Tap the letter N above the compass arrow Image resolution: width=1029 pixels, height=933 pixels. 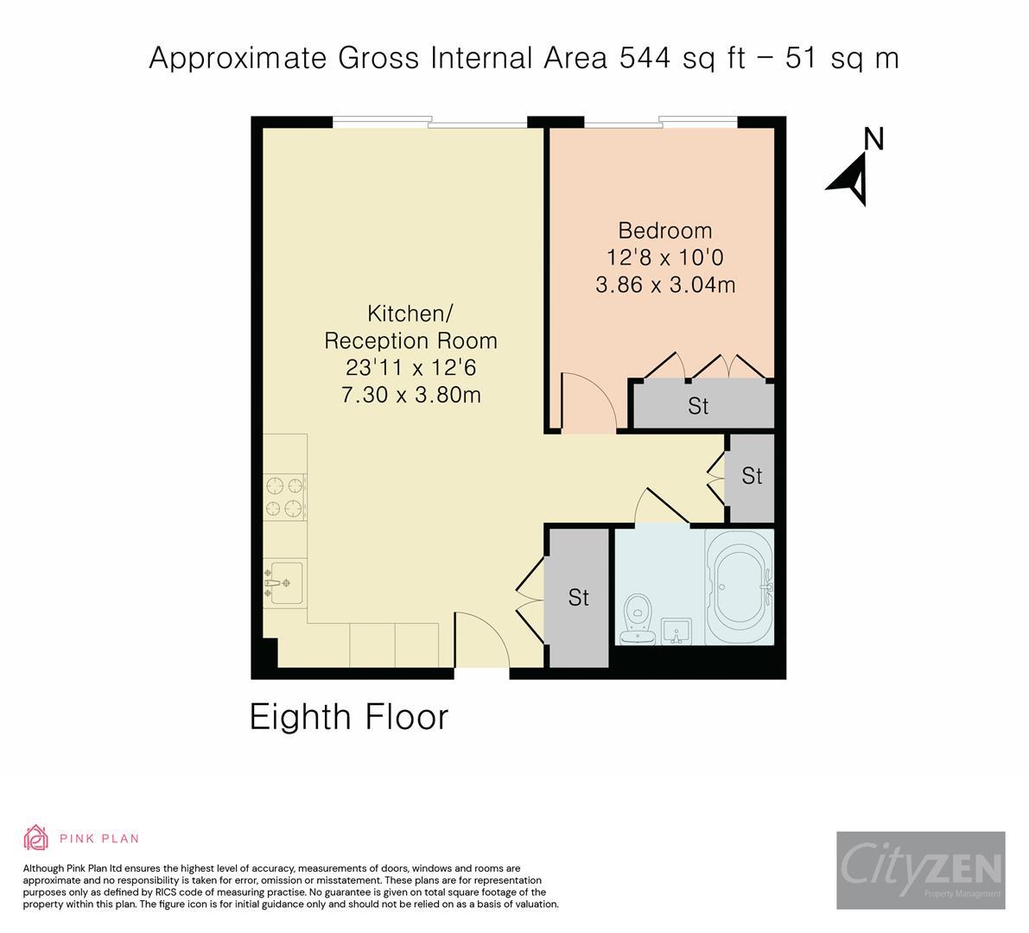click(x=874, y=139)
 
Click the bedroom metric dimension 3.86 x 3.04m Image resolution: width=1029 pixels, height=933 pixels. click(x=664, y=284)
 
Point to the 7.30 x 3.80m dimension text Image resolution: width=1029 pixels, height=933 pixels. click(x=410, y=395)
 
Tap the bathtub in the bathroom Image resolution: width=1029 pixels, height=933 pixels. click(x=740, y=587)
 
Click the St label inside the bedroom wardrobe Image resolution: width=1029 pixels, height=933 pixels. click(x=698, y=405)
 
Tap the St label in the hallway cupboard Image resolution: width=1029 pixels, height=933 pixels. click(x=752, y=476)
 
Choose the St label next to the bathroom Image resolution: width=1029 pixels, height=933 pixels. click(x=578, y=597)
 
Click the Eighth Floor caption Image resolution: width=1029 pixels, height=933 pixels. click(x=349, y=717)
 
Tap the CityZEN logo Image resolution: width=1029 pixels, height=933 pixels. click(x=920, y=870)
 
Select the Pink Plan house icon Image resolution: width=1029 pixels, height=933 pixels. click(x=35, y=837)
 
